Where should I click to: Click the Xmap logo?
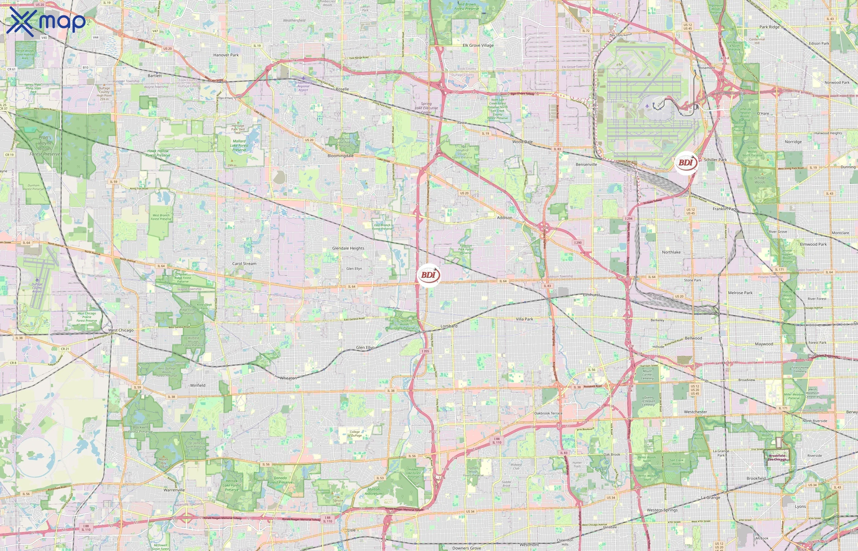coord(46,21)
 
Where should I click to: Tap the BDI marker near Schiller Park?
coord(686,163)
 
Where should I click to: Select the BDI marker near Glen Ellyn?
coord(429,275)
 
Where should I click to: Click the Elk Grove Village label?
coord(478,45)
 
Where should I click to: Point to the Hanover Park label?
coord(226,55)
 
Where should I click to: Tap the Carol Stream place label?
coord(244,264)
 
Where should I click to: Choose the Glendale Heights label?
coord(348,248)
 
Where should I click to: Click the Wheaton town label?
coord(288,378)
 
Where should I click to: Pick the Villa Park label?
coord(524,319)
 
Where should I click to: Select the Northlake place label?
coord(671,252)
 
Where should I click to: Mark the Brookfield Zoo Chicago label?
coord(777,458)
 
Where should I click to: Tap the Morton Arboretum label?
coord(373,492)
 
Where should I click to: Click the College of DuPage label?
coord(355,434)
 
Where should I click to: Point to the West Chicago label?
coord(121,330)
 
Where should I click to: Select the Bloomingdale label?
coord(340,156)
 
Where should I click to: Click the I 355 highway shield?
coord(425,351)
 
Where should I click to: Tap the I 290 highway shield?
coord(578,242)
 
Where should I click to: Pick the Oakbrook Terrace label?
coord(548,413)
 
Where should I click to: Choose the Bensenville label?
coord(586,165)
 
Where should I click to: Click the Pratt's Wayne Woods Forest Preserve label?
coord(45,146)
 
